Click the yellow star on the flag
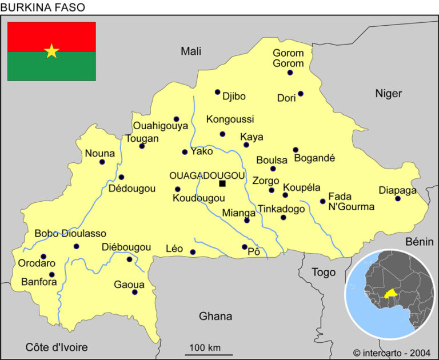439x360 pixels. pyautogui.click(x=51, y=51)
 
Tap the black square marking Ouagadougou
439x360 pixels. pyautogui.click(x=222, y=183)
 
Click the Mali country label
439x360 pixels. pyautogui.click(x=191, y=51)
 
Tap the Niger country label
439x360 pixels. pyautogui.click(x=388, y=93)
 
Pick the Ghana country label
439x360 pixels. pyautogui.click(x=215, y=316)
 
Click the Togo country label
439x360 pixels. pyautogui.click(x=323, y=273)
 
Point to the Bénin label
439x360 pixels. pyautogui.click(x=420, y=242)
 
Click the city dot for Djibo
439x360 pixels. pyautogui.click(x=217, y=92)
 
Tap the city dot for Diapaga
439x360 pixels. pyautogui.click(x=398, y=199)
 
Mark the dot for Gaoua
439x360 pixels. pyautogui.click(x=135, y=292)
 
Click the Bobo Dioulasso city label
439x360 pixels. pyautogui.click(x=70, y=234)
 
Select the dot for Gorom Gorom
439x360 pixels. pyautogui.click(x=290, y=73)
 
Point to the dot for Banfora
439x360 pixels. pyautogui.click(x=52, y=274)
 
